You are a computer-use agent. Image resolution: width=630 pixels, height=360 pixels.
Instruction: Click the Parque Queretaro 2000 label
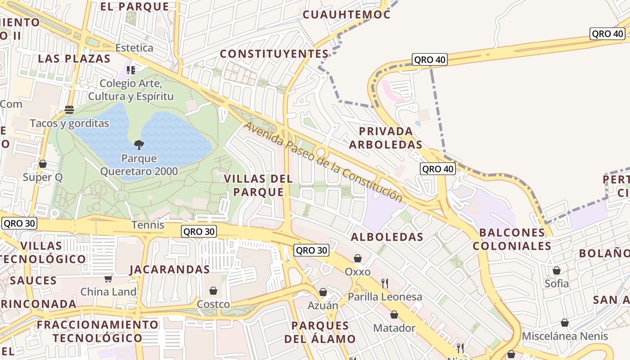(139, 165)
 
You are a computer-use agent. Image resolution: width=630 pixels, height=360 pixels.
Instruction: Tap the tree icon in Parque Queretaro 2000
(139, 145)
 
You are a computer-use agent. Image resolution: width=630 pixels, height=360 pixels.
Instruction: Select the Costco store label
(213, 304)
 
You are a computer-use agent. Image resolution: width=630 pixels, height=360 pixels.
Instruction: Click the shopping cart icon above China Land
(108, 279)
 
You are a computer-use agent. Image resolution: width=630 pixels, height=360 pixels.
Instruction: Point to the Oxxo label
(358, 272)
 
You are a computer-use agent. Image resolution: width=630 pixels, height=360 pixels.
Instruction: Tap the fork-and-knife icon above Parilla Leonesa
(385, 283)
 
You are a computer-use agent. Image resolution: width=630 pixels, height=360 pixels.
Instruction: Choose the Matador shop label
(394, 328)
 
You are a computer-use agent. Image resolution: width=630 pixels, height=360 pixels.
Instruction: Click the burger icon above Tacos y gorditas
(69, 110)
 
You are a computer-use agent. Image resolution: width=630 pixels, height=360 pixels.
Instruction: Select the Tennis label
(148, 225)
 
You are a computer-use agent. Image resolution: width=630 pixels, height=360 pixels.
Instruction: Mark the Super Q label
(43, 177)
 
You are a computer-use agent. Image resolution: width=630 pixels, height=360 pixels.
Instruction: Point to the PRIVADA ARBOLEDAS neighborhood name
(386, 138)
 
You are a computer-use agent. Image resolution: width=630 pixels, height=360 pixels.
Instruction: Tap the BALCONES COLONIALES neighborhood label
(512, 239)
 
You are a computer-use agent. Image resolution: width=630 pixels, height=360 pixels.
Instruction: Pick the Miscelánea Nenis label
(565, 336)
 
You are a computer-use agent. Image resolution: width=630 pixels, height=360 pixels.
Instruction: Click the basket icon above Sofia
(557, 270)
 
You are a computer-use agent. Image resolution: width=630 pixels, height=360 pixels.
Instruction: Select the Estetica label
(134, 48)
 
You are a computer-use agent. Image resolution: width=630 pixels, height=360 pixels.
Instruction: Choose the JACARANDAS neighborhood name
(170, 270)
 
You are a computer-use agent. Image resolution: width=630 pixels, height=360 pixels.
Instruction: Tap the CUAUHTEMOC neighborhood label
(346, 14)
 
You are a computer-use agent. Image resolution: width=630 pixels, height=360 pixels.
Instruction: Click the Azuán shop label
(323, 306)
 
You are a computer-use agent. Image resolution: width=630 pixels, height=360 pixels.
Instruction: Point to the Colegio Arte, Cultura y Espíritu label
(130, 90)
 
